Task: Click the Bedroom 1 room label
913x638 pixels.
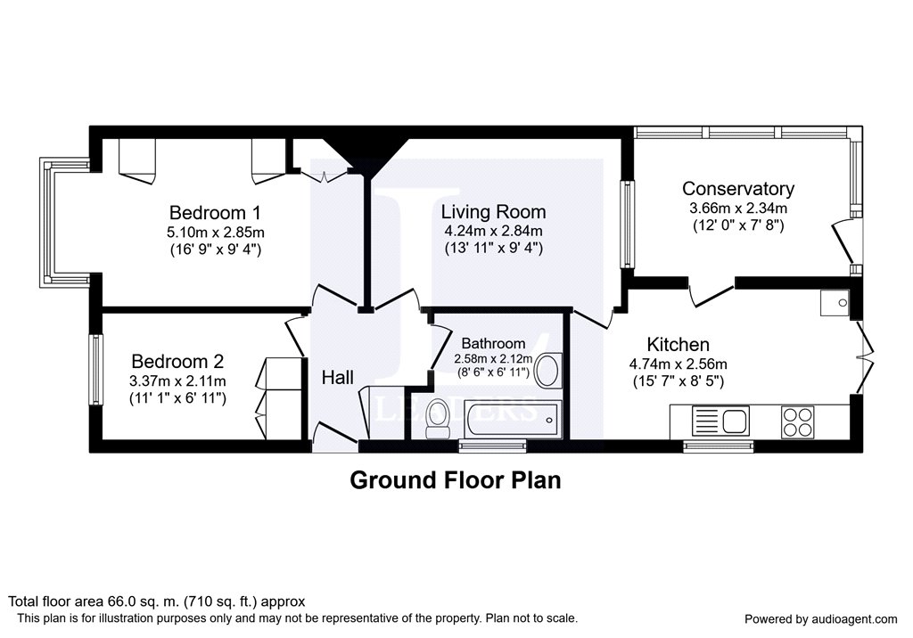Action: (215, 212)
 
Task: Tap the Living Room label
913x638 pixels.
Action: (493, 211)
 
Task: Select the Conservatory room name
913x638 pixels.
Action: (737, 189)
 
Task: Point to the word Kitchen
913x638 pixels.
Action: (679, 344)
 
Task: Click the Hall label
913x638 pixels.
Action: (338, 378)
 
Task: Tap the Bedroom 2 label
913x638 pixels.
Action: (177, 362)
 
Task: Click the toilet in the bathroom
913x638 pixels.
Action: (437, 419)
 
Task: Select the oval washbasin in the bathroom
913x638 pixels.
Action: (547, 371)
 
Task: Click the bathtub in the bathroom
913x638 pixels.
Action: (512, 419)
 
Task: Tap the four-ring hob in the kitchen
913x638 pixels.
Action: (798, 422)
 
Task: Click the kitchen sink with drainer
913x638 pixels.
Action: (720, 421)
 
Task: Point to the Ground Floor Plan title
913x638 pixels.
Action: (456, 480)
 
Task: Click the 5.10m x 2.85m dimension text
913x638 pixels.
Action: (216, 233)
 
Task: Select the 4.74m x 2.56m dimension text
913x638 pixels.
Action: (679, 364)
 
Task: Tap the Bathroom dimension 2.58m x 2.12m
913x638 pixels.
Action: (493, 358)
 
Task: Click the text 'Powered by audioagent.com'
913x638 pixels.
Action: (821, 618)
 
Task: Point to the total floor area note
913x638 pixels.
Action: (157, 601)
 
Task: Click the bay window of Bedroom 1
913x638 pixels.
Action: (64, 223)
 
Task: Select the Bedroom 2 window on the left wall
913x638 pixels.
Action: (95, 369)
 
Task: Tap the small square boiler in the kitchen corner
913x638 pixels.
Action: (835, 303)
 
